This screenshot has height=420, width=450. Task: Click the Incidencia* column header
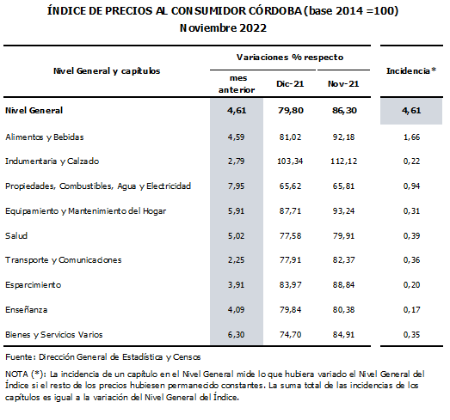pos(411,70)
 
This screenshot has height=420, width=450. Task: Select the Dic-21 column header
pos(290,83)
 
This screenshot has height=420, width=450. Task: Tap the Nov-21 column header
pos(343,83)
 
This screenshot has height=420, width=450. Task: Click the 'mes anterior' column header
pos(237,84)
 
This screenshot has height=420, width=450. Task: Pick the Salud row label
pos(16,236)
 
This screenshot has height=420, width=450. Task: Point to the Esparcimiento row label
pos(34,285)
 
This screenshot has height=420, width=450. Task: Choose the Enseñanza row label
pos(27,310)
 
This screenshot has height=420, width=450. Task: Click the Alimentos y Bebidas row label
pos(45,137)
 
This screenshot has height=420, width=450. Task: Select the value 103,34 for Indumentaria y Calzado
pos(290,161)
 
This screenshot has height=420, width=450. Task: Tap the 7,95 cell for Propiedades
pos(237,186)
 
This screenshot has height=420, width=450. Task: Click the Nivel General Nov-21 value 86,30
pos(344,110)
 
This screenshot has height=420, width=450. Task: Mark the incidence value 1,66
pos(411,137)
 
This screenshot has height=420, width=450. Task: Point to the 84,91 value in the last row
pos(343,335)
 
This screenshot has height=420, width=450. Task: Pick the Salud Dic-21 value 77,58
pos(291,236)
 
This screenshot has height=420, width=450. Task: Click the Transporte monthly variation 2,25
pos(237,260)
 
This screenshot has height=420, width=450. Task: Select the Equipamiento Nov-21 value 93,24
pos(343,211)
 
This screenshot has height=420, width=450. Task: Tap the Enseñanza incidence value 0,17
pos(411,310)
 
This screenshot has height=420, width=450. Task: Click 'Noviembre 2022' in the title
pos(223,28)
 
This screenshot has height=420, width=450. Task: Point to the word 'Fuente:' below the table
pos(21,357)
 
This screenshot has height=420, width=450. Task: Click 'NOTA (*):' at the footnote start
pos(26,374)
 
